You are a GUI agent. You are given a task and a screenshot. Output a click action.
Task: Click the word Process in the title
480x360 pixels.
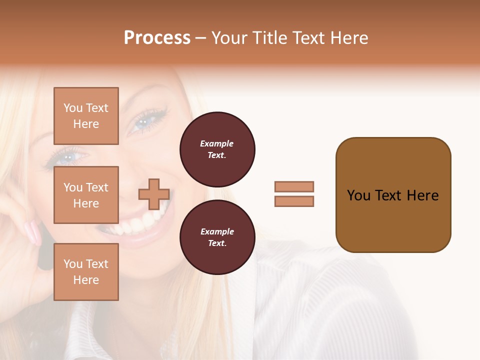157,38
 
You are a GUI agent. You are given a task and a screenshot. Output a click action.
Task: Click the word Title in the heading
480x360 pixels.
268,38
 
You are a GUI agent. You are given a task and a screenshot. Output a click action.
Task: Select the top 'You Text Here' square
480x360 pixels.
86,116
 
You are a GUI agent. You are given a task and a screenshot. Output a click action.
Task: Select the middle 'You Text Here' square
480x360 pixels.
86,195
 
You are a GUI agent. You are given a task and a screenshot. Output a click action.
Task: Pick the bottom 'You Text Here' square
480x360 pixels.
86,271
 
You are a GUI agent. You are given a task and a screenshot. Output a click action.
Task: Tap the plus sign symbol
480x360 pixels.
154,194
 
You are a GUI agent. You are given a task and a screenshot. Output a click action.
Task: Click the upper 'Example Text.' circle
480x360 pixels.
217,149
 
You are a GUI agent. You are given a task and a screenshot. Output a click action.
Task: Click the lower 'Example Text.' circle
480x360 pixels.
217,237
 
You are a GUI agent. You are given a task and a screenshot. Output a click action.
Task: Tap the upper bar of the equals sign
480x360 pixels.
294,186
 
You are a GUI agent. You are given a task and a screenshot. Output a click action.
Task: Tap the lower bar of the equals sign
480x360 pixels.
294,201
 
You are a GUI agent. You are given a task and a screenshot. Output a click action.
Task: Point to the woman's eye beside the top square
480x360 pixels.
144,121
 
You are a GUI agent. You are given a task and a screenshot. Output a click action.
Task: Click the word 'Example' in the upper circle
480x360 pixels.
217,144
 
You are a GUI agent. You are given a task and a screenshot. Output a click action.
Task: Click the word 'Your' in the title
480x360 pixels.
228,38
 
